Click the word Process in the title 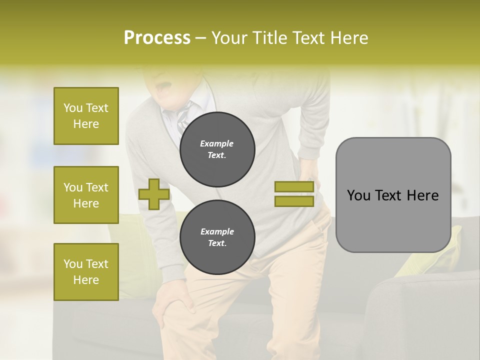click(157, 38)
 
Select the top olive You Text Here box click(86, 116)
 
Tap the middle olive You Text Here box click(86, 195)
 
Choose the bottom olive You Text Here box click(86, 271)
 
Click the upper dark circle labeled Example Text click(217, 149)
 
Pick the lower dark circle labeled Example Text click(217, 237)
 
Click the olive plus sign click(153, 194)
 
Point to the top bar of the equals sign click(294, 186)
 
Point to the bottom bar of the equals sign click(294, 201)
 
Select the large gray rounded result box click(393, 195)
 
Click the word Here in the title click(348, 38)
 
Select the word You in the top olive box click(73, 108)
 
